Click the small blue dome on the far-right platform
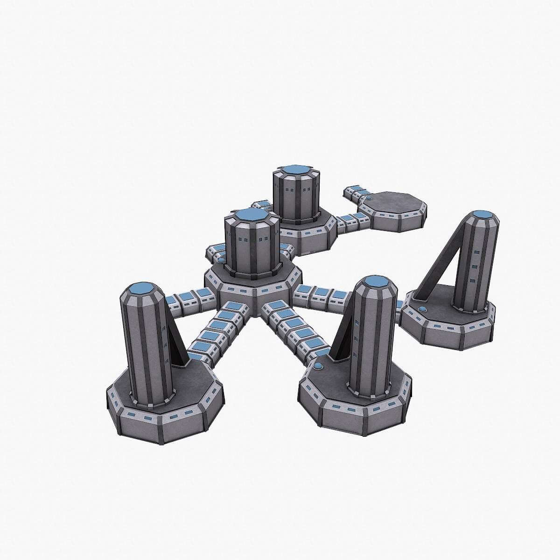(x=422, y=308)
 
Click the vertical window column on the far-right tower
(x=475, y=266)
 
